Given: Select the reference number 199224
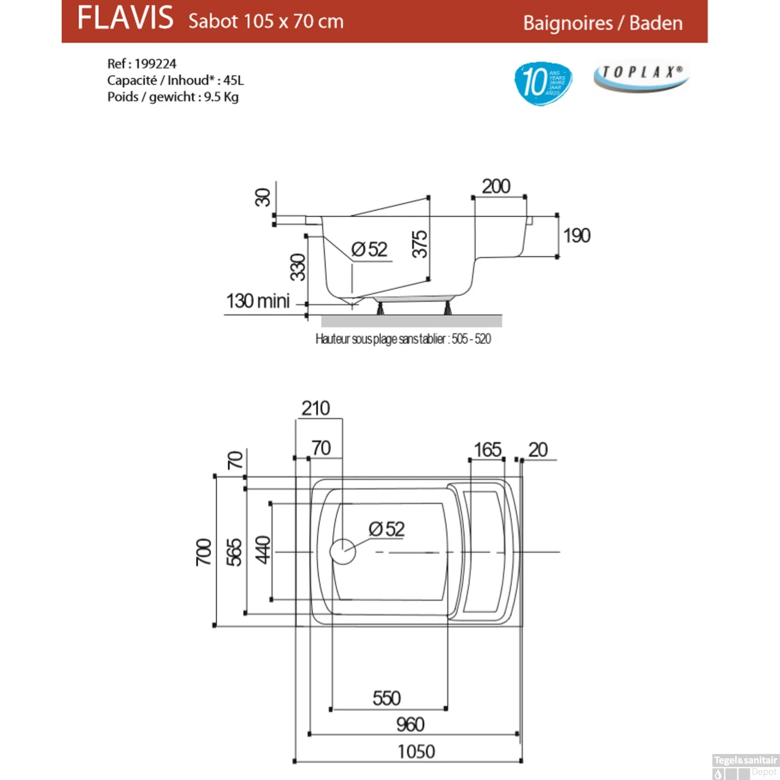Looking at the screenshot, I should [155, 64].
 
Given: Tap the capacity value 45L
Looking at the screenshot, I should [233, 81].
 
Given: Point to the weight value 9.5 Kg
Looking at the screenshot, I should [221, 97].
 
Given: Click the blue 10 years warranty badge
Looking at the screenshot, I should [543, 82].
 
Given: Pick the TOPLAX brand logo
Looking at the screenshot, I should [641, 77].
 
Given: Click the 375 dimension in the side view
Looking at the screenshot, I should [420, 244].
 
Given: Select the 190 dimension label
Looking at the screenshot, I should [577, 236].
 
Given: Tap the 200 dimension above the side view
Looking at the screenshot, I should [496, 186].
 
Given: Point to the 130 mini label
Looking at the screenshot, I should [258, 301].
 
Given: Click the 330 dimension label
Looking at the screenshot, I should [298, 267].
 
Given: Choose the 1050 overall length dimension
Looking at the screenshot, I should [416, 751].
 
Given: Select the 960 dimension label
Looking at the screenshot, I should [410, 724].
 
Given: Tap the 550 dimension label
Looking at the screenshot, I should [386, 698].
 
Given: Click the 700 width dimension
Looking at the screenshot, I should [204, 552].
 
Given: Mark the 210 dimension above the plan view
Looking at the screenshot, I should [316, 408].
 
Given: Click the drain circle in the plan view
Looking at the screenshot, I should [343, 552].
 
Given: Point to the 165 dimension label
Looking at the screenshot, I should [487, 450].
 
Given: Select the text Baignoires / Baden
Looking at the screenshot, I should [603, 23].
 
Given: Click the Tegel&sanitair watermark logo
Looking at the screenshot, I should [745, 766].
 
